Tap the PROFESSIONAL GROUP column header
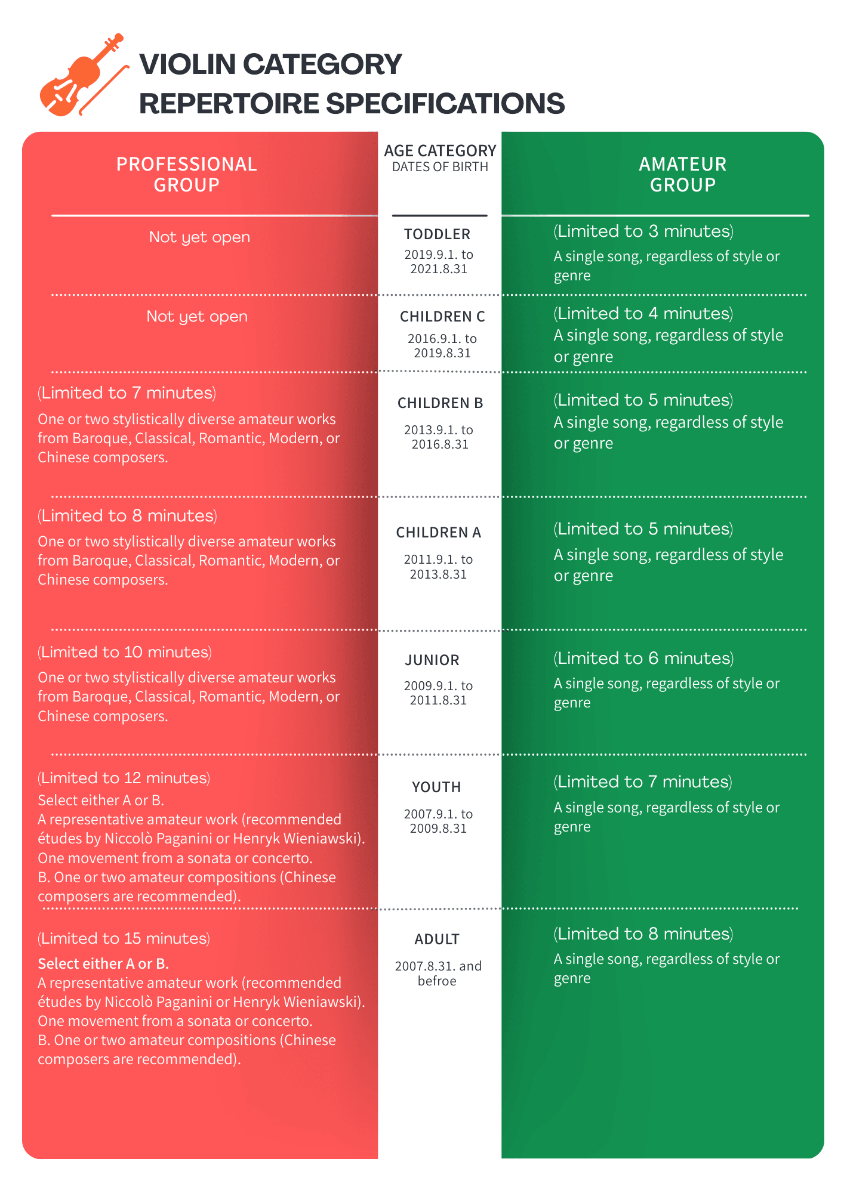187,174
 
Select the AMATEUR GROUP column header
682,174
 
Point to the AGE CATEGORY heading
440,151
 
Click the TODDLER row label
437,234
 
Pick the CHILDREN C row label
442,317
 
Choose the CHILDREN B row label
441,403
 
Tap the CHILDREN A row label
439,533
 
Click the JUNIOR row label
432,660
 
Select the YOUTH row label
436,787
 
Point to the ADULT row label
437,939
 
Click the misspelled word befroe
437,981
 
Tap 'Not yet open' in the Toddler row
199,237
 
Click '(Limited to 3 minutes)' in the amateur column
643,231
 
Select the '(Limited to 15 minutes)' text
124,939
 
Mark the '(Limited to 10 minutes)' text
125,653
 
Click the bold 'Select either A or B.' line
103,964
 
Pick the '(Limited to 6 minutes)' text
643,659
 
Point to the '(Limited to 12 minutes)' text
124,778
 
